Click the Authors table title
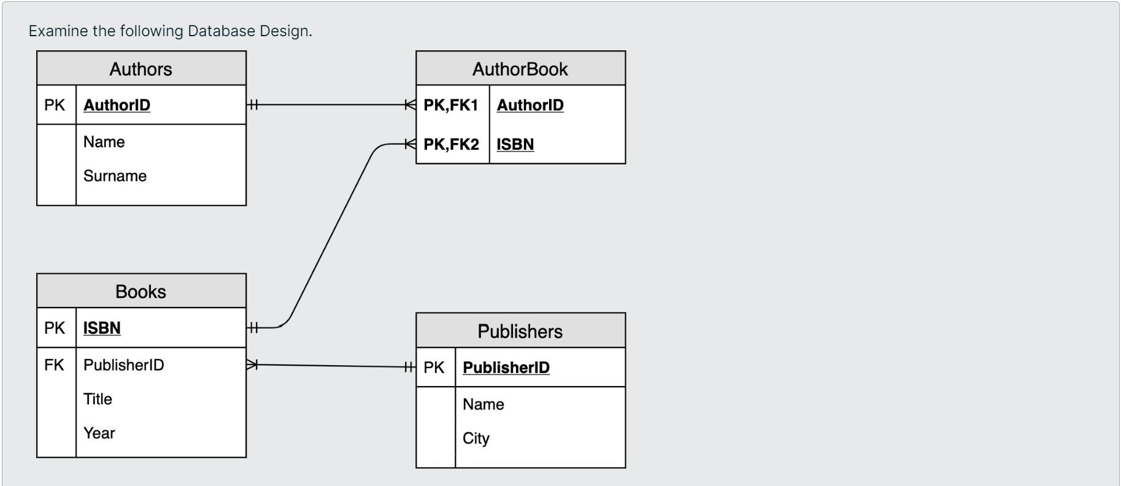click(141, 69)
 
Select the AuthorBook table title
click(520, 69)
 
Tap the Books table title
click(141, 291)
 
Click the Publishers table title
click(520, 331)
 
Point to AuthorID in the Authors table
click(117, 105)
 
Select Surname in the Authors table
click(115, 176)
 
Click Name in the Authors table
click(104, 142)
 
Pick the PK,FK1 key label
click(450, 105)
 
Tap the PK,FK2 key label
click(451, 144)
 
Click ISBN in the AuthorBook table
click(515, 144)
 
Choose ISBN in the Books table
click(102, 328)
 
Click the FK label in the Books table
click(54, 365)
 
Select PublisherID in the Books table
click(123, 365)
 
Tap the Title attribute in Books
click(98, 399)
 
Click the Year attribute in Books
click(99, 433)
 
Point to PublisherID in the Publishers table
click(506, 368)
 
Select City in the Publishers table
click(476, 438)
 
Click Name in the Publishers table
click(483, 404)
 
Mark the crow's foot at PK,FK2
click(410, 144)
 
